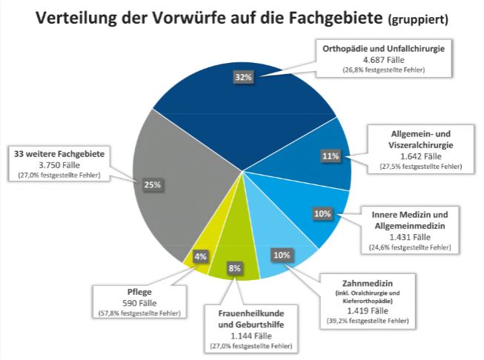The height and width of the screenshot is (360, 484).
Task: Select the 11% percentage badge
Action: tap(331, 156)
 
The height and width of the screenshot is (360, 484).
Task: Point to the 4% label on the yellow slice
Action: tap(200, 256)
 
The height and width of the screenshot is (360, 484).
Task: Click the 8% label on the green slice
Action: tap(233, 268)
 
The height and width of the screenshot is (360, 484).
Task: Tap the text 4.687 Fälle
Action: tap(383, 59)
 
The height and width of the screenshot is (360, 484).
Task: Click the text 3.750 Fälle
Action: tap(62, 164)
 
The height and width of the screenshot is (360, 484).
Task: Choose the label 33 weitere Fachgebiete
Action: tap(63, 153)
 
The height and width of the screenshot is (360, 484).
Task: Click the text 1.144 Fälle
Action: tap(251, 336)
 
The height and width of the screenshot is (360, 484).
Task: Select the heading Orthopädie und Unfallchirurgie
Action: tap(383, 48)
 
